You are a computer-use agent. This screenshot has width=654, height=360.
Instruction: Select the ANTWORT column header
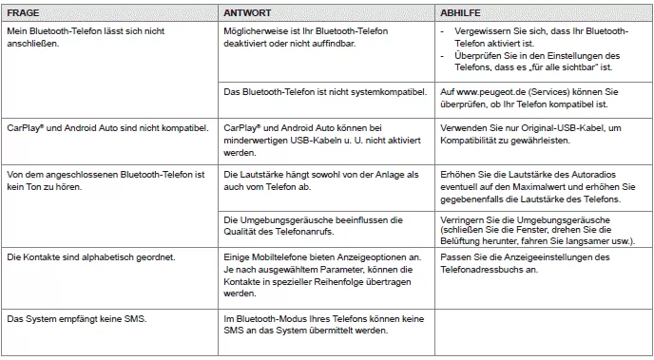point(245,14)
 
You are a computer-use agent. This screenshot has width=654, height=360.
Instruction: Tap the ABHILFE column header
point(461,14)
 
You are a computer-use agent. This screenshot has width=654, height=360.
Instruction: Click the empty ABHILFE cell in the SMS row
point(541,328)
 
